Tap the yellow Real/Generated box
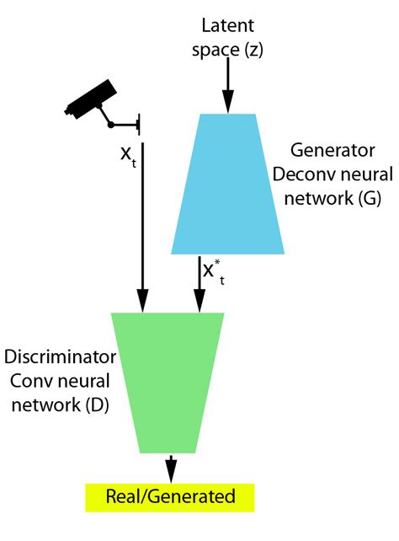click(169, 497)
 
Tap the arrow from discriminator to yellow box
click(171, 466)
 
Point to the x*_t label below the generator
click(214, 270)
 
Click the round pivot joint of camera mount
click(111, 126)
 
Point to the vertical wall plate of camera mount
click(138, 126)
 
